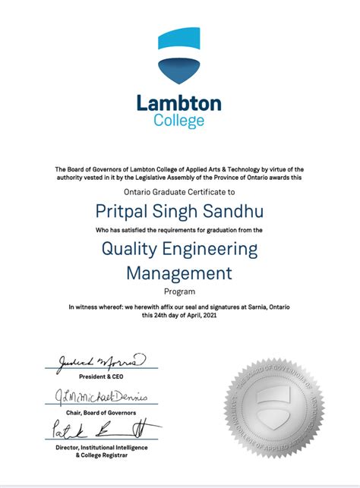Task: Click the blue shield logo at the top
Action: click(x=179, y=60)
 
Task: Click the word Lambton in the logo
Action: click(x=179, y=103)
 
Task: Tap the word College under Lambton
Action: click(x=179, y=120)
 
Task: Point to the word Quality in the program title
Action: click(x=131, y=249)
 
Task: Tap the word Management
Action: click(x=179, y=273)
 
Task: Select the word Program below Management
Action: click(x=179, y=291)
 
